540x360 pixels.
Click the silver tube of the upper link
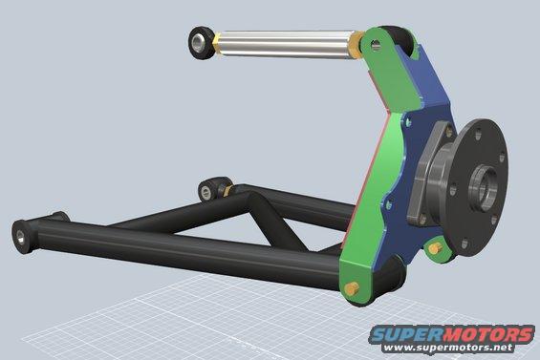286,44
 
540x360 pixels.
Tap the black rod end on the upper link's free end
200,42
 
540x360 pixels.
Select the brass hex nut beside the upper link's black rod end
216,43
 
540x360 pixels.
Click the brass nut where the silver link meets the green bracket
356,45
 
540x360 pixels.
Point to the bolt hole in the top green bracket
376,44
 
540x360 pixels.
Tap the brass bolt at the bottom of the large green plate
352,288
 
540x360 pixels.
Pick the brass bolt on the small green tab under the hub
435,247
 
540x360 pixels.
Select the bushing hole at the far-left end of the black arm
20,236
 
